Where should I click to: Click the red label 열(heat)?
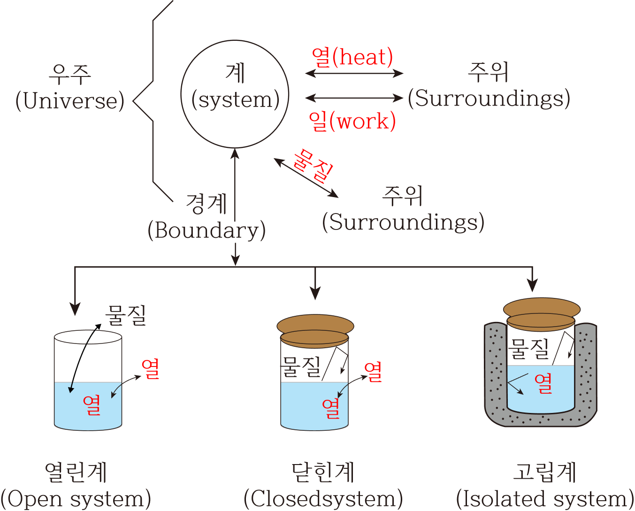352,57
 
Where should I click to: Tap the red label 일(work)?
352,121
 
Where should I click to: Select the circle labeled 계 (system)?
235,94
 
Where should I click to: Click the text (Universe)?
70,101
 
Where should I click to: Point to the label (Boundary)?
207,230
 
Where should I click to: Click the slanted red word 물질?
313,166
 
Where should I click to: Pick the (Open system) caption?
76,499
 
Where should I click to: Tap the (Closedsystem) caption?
323,499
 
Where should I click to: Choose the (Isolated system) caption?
545,499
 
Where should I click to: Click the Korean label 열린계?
76,472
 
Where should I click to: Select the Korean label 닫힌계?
323,472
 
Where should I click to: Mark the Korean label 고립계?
545,472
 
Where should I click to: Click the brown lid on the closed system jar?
315,325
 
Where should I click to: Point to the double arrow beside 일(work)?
354,98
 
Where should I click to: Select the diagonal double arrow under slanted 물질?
306,178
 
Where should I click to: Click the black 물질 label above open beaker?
126,315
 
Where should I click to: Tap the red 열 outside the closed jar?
373,372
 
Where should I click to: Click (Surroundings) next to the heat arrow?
489,99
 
